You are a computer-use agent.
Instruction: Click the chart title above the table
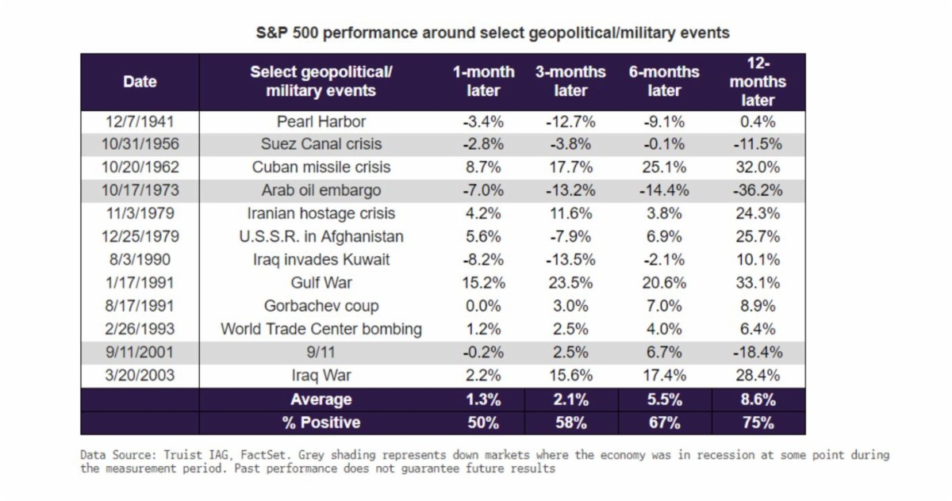492,34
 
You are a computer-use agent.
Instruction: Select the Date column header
140,82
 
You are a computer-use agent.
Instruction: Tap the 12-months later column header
758,82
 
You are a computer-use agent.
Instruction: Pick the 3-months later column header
570,82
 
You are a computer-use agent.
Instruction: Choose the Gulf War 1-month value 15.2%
483,283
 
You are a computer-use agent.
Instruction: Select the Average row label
321,400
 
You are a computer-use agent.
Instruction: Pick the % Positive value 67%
664,423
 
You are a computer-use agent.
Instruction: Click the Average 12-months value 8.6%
758,400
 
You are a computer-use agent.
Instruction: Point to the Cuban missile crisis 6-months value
664,168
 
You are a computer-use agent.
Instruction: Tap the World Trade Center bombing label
321,329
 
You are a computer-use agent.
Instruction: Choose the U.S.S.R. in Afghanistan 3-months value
570,237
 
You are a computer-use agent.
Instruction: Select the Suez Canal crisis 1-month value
483,145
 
